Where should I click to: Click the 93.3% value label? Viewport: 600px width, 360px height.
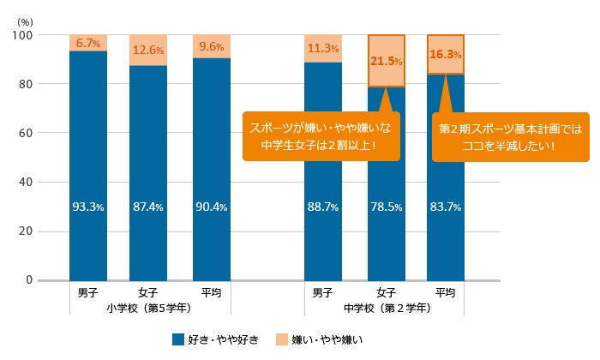pyautogui.click(x=88, y=207)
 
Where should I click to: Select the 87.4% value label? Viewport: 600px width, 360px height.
pyautogui.click(x=148, y=207)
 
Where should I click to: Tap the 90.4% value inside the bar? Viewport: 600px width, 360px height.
pyautogui.click(x=210, y=207)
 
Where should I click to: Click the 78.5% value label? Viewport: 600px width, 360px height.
pyautogui.click(x=386, y=207)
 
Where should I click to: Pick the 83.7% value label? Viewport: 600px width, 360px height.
pyautogui.click(x=446, y=207)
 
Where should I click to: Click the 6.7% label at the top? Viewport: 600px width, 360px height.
pyautogui.click(x=88, y=43)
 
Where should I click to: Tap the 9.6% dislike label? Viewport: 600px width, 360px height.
pyautogui.click(x=210, y=47)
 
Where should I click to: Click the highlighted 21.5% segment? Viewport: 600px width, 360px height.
pyautogui.click(x=386, y=61)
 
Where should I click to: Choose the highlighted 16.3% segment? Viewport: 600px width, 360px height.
pyautogui.click(x=446, y=54)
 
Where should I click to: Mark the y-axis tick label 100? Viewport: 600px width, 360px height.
pyautogui.click(x=22, y=35)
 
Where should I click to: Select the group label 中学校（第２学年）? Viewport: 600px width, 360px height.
pyautogui.click(x=386, y=307)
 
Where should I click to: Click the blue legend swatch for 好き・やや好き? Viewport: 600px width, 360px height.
pyautogui.click(x=177, y=339)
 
